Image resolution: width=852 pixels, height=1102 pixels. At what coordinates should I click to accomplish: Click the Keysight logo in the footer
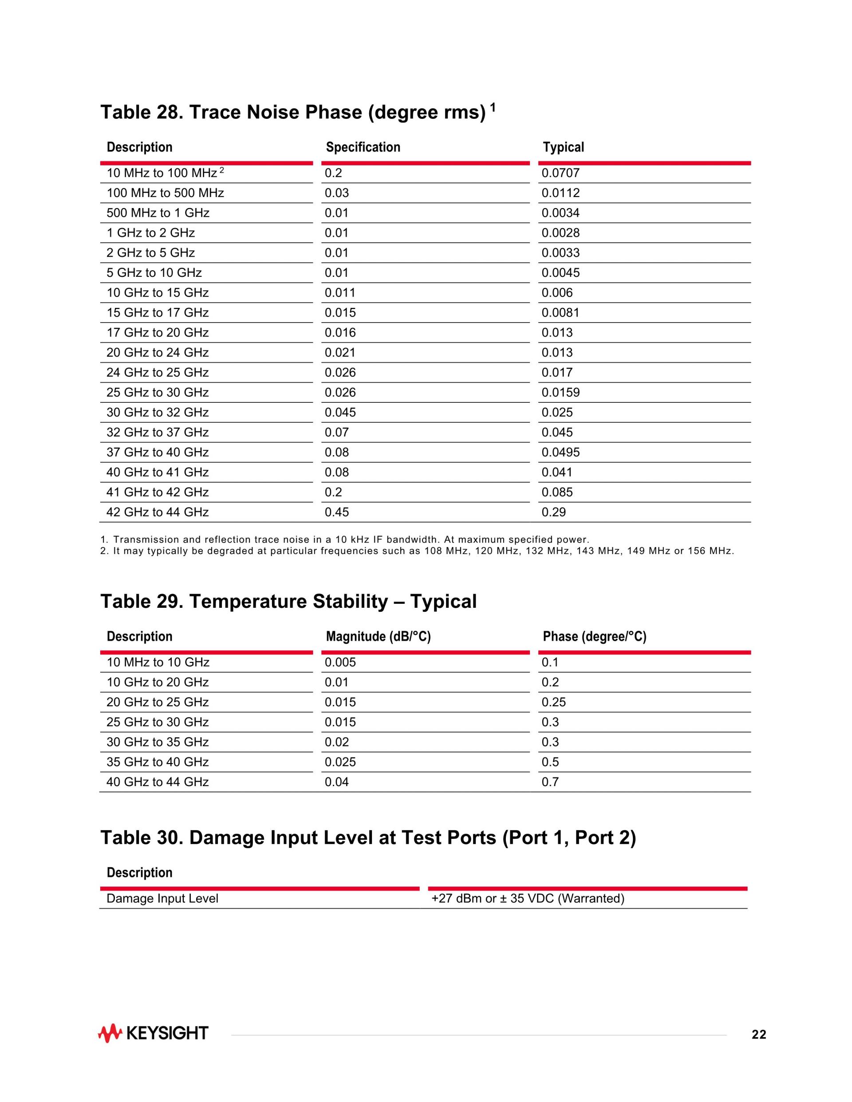153,1033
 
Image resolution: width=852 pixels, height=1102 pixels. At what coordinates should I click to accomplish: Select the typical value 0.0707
560,173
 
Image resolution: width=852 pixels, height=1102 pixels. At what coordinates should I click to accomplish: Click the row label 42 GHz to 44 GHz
158,512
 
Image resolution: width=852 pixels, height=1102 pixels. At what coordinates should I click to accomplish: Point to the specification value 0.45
337,512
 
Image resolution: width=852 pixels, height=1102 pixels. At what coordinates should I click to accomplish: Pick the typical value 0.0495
560,452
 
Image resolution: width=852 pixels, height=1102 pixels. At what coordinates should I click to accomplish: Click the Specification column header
363,147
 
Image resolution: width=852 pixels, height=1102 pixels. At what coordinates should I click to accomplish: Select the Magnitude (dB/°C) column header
378,636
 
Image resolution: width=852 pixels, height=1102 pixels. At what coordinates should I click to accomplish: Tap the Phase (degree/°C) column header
594,636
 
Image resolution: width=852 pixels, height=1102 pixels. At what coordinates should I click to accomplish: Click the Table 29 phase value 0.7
550,782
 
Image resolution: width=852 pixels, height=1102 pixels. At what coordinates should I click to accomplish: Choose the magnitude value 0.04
337,782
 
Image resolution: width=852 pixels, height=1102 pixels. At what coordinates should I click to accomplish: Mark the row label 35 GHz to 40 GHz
158,762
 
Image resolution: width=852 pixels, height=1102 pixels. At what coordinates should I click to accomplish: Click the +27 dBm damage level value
528,898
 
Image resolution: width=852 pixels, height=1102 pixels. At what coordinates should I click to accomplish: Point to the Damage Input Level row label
162,898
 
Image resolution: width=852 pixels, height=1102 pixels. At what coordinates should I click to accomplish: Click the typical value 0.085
557,492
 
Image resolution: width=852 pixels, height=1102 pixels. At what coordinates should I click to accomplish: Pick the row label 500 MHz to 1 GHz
158,213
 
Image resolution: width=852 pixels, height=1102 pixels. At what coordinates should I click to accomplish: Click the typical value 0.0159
560,393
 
